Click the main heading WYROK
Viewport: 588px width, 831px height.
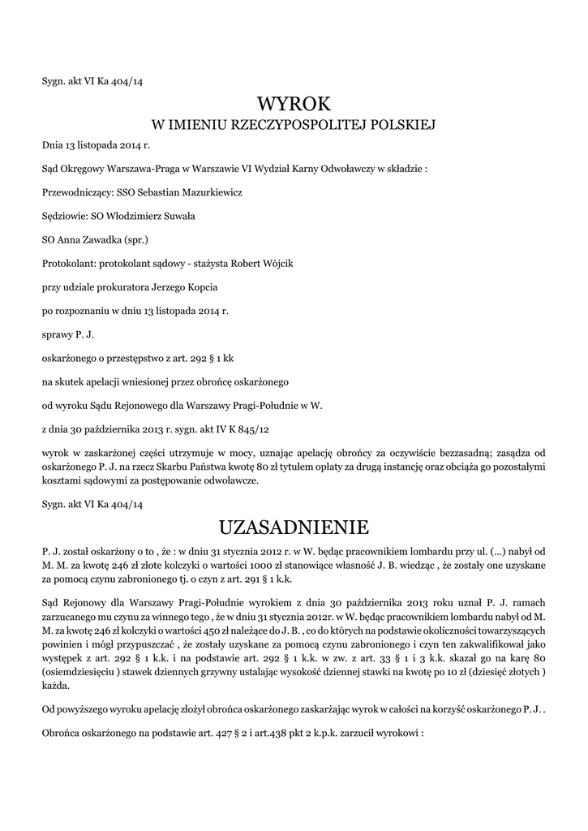294,104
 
